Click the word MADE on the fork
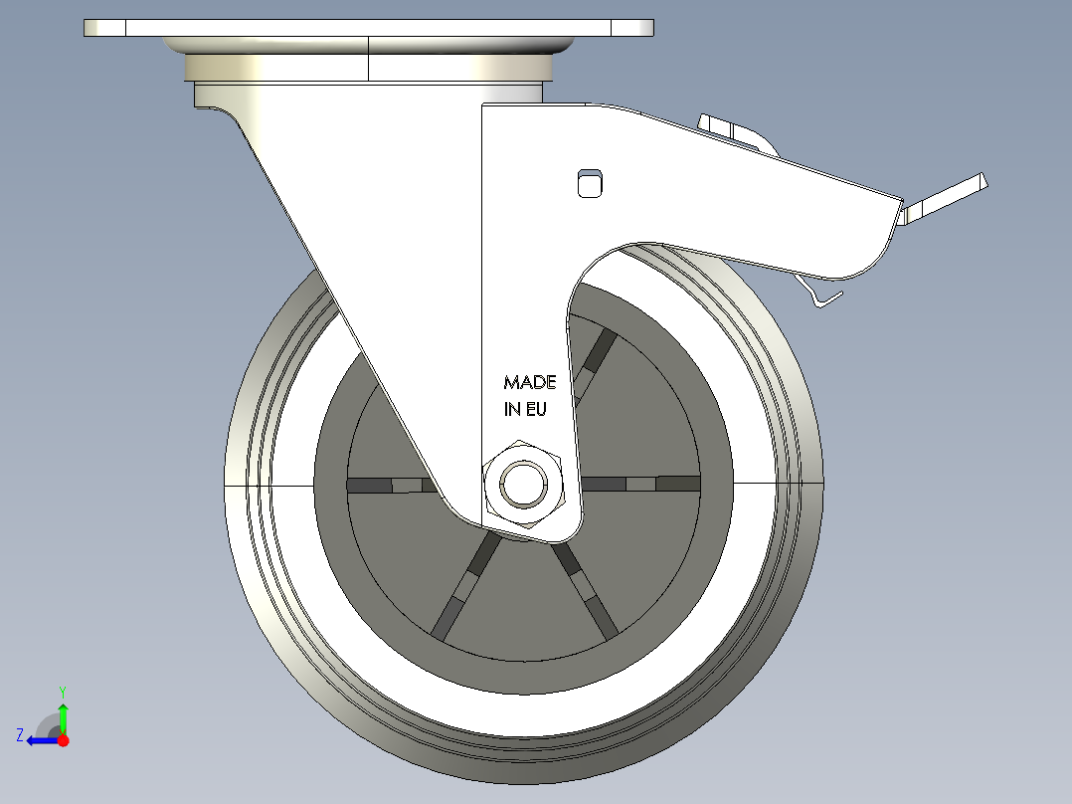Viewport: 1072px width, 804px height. (530, 382)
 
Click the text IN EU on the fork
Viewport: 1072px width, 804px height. (525, 408)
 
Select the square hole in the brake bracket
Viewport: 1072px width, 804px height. (591, 182)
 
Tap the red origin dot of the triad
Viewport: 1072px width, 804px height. (63, 740)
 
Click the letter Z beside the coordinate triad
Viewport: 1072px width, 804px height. (20, 735)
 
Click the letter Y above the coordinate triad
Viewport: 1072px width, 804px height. (62, 691)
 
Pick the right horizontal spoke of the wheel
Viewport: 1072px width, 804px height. (641, 484)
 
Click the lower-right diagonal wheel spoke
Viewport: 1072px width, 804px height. (588, 589)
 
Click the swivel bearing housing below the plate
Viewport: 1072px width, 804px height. (368, 68)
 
